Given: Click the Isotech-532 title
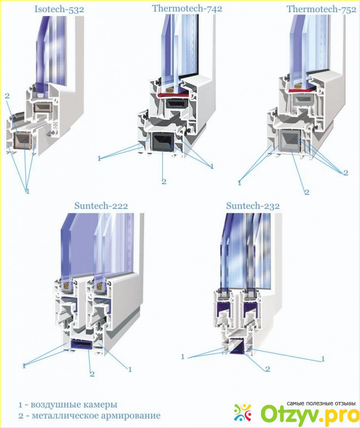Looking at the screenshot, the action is click(x=59, y=9).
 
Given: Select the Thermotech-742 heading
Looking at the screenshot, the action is click(x=187, y=8).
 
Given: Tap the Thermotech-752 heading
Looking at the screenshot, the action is click(x=321, y=9).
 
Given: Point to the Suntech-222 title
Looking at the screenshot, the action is click(x=101, y=205).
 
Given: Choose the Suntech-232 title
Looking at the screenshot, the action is click(x=253, y=205).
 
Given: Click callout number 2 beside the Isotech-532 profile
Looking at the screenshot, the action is click(x=7, y=96).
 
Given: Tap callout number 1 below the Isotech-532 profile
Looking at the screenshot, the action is click(x=27, y=192).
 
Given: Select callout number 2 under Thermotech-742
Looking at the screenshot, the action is click(x=164, y=181).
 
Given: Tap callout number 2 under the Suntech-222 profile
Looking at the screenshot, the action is click(x=92, y=374).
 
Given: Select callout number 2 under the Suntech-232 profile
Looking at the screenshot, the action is click(x=268, y=369).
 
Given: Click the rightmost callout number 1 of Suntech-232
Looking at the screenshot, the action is click(x=323, y=359).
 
